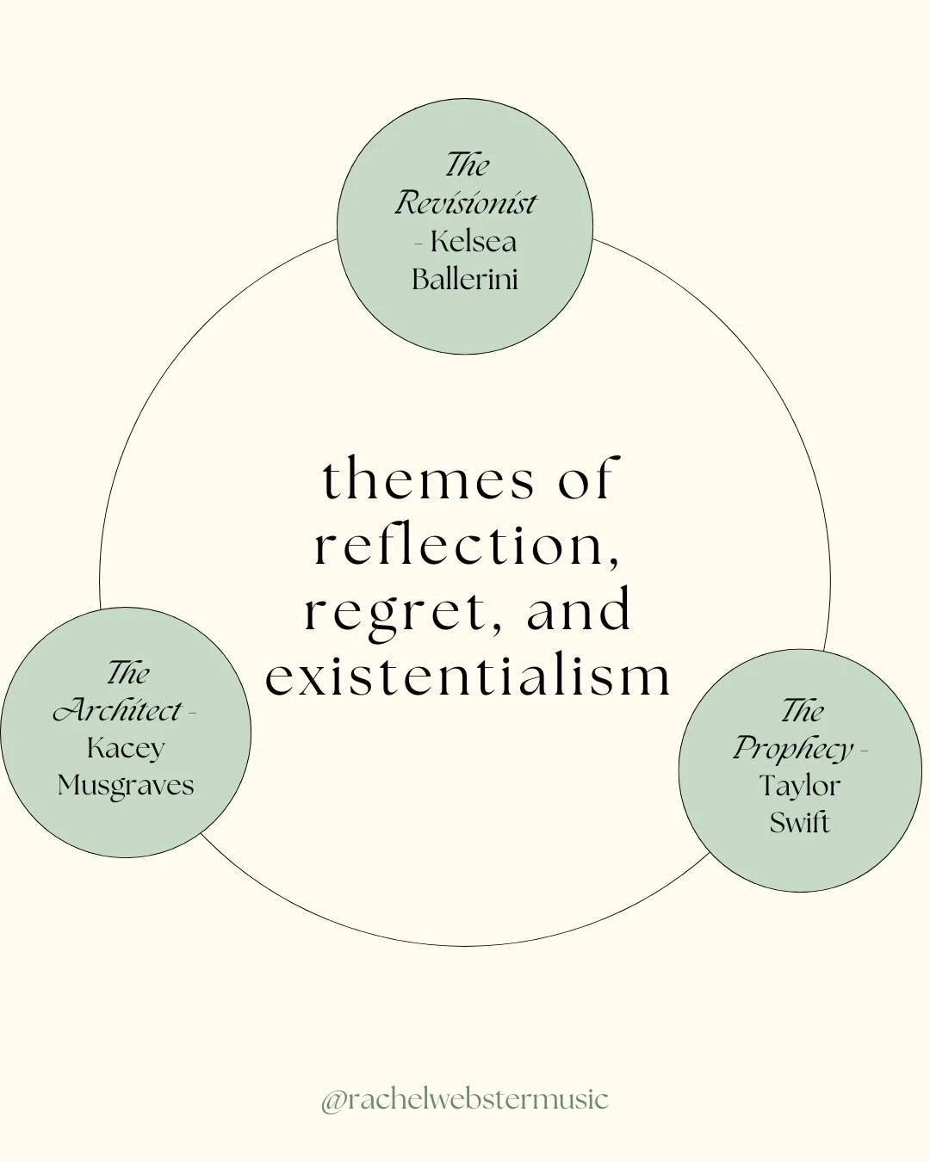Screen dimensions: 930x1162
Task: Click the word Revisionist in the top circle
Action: point(465,203)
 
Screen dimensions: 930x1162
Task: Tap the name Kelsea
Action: point(474,241)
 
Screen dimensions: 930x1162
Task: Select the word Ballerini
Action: point(465,279)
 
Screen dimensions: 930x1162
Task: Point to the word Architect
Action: point(118,711)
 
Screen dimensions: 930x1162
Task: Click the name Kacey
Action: point(126,747)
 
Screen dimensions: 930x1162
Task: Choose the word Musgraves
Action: point(126,785)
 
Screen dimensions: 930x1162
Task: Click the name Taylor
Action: point(800,785)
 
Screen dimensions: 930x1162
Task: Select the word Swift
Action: point(800,823)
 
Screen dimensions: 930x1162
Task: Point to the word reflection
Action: point(466,546)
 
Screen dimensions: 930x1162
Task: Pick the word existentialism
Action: point(468,677)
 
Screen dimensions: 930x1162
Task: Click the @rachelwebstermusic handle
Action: point(465,1100)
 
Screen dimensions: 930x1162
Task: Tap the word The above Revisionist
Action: point(467,164)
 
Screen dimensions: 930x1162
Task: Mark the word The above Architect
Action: point(127,673)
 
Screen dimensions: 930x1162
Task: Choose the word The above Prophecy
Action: point(802,711)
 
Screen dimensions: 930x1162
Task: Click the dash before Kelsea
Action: point(418,243)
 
